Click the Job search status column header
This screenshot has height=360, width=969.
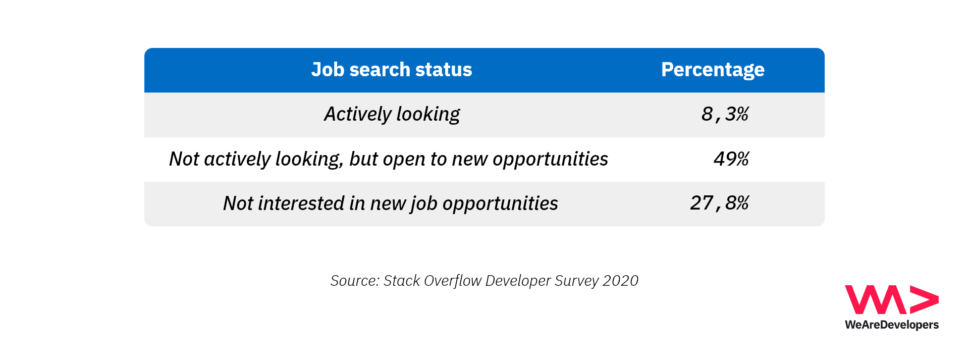[392, 70]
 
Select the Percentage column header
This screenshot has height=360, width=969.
[713, 70]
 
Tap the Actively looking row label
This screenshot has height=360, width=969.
[392, 115]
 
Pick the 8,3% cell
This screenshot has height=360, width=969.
[725, 114]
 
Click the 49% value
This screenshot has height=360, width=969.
[731, 159]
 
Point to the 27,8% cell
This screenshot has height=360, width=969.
[719, 203]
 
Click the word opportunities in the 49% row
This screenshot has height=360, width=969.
[551, 160]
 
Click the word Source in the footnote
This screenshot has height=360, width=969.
[355, 281]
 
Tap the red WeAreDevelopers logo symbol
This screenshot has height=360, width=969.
[892, 300]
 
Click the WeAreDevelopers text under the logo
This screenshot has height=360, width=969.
[892, 325]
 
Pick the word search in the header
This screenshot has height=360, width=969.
[380, 70]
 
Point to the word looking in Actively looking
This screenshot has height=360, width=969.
[428, 115]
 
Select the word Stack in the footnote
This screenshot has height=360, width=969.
[402, 281]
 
